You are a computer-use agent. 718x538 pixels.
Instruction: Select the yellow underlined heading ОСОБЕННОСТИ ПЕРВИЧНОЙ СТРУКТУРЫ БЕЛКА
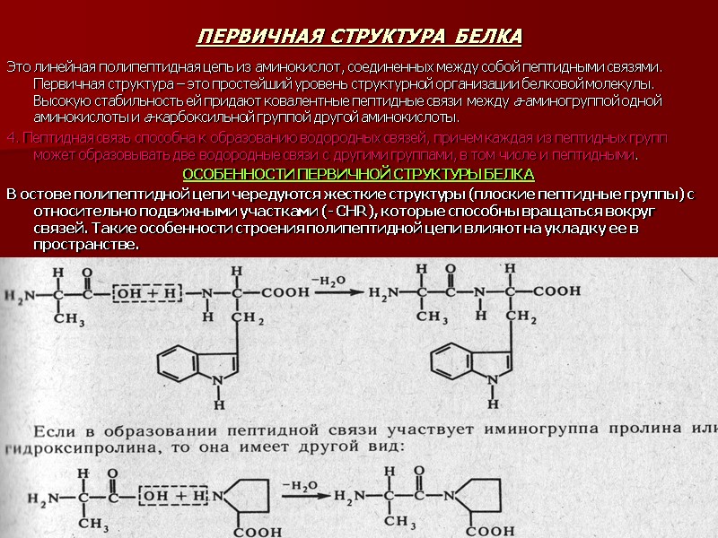coord(358,173)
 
